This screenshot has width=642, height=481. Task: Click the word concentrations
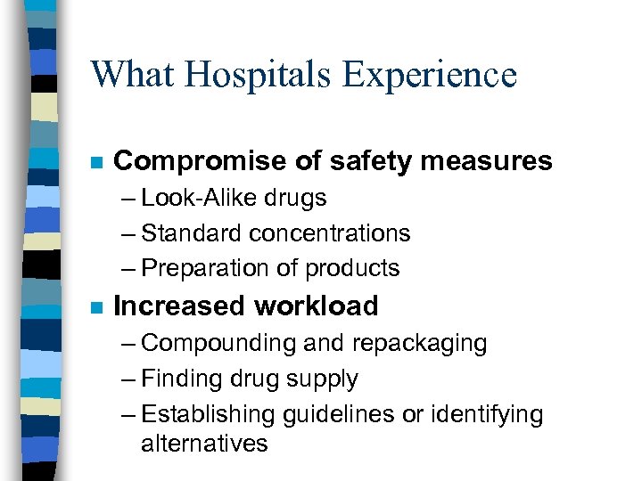tap(330, 233)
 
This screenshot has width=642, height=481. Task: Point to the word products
tap(353, 268)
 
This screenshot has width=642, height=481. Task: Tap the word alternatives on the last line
tap(204, 443)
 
